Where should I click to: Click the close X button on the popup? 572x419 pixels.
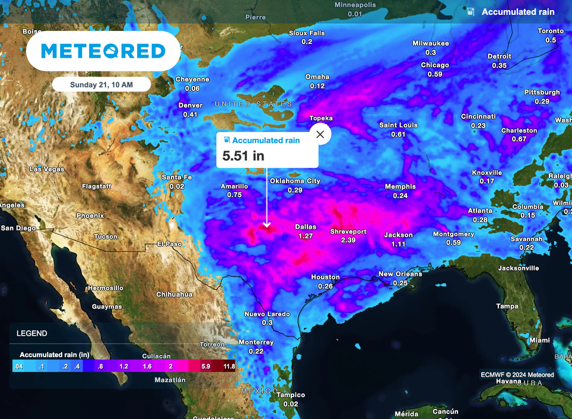[320, 134]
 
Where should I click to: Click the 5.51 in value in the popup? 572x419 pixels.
[243, 156]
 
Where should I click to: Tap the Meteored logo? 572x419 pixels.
[103, 51]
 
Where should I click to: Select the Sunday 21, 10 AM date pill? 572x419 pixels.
[101, 84]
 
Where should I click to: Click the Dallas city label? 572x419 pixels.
[306, 227]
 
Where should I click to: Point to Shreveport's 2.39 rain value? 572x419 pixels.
[348, 240]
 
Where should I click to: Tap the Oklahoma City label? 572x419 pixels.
[295, 181]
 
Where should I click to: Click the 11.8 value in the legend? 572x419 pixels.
[228, 367]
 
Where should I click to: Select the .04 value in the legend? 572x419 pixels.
[18, 367]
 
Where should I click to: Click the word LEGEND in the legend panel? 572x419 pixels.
[32, 333]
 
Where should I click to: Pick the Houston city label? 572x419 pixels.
[325, 278]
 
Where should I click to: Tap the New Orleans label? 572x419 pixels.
[401, 274]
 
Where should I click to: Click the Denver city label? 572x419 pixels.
[190, 106]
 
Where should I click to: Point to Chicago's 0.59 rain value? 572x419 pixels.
[435, 74]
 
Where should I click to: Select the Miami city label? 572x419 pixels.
[540, 341]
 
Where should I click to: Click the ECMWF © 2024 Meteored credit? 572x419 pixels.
[517, 375]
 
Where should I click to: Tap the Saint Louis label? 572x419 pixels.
[399, 125]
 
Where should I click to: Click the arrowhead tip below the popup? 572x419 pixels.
[267, 226]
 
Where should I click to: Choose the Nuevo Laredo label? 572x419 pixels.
[267, 314]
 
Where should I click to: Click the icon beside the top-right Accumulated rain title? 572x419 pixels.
[471, 12]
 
